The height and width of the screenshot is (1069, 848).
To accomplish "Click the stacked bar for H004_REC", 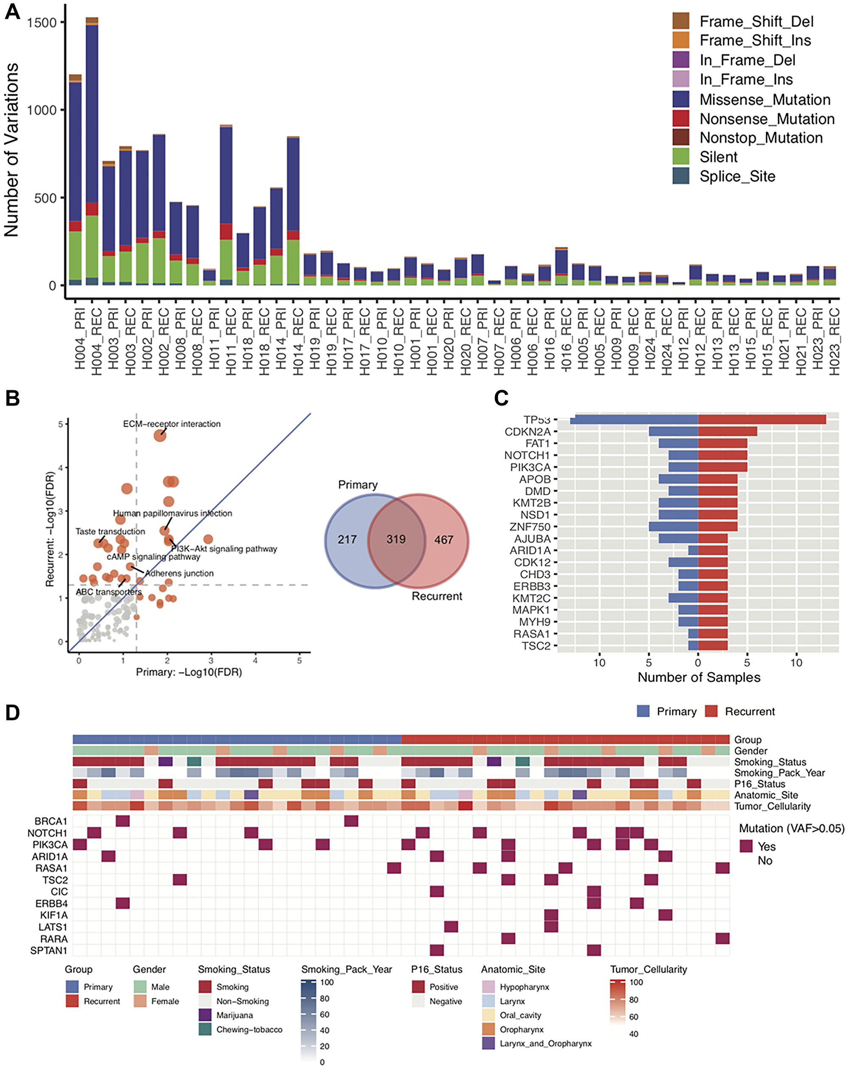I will pyautogui.click(x=92, y=149).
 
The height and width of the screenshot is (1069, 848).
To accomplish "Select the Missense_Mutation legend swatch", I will pyautogui.click(x=681, y=99).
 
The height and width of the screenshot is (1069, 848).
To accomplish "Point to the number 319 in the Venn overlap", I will pyautogui.click(x=396, y=539).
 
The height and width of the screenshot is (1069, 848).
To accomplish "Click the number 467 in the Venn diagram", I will pyautogui.click(x=444, y=540).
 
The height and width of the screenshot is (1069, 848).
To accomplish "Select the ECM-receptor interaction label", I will pyautogui.click(x=171, y=424).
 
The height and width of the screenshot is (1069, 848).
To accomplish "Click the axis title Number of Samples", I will pyautogui.click(x=698, y=677).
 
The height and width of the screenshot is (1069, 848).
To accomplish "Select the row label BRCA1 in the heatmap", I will pyautogui.click(x=50, y=821).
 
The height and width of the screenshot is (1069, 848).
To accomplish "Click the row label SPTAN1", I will pyautogui.click(x=49, y=951).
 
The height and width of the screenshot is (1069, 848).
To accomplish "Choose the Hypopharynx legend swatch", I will pyautogui.click(x=488, y=987).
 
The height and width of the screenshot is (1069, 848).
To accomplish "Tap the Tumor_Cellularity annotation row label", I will pyautogui.click(x=772, y=806).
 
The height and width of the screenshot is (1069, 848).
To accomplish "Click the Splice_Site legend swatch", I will pyautogui.click(x=681, y=176).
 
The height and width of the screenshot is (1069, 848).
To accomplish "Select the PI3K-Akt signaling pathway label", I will pyautogui.click(x=223, y=549).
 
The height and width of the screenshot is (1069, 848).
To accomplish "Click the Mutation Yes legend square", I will pyautogui.click(x=746, y=846).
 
